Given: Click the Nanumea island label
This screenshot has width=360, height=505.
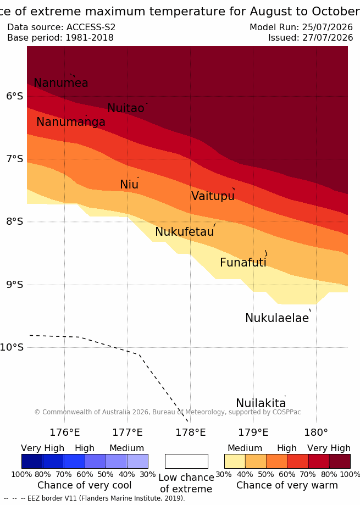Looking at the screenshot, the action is point(61,83).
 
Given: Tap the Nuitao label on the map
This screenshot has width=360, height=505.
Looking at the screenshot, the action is point(125,108).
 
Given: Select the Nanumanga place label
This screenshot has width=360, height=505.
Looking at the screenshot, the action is point(71,122).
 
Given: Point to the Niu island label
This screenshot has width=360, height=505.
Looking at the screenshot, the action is point(129,185).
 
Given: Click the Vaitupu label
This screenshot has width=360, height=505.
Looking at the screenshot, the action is point(213,196).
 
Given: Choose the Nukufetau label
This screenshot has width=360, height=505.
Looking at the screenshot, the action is point(185,232).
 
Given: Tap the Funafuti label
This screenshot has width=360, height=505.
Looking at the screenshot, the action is point(243,263).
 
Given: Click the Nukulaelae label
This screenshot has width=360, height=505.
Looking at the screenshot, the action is point(277,318).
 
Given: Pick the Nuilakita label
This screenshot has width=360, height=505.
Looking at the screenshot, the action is point(261,403).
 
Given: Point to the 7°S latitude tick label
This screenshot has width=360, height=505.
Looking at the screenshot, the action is point(15,159).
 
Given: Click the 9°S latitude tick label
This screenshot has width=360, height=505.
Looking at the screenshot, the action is point(15,285).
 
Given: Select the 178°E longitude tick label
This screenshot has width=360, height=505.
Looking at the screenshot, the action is point(190,432).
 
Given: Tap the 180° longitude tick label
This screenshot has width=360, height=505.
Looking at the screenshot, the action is point(316,432).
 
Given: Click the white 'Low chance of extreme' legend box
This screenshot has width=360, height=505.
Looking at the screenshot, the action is point(186,461).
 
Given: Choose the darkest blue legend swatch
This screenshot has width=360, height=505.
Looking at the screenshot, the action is point(32,461).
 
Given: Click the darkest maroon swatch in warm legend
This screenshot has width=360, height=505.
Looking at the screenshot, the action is point(340,461).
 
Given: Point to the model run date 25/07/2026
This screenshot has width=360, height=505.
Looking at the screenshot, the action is point(328,27).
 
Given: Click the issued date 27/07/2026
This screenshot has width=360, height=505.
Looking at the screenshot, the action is point(328,38).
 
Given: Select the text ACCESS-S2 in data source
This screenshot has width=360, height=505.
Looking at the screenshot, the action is point(91,27).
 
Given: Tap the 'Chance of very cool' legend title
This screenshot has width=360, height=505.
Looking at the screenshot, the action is point(84,485).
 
